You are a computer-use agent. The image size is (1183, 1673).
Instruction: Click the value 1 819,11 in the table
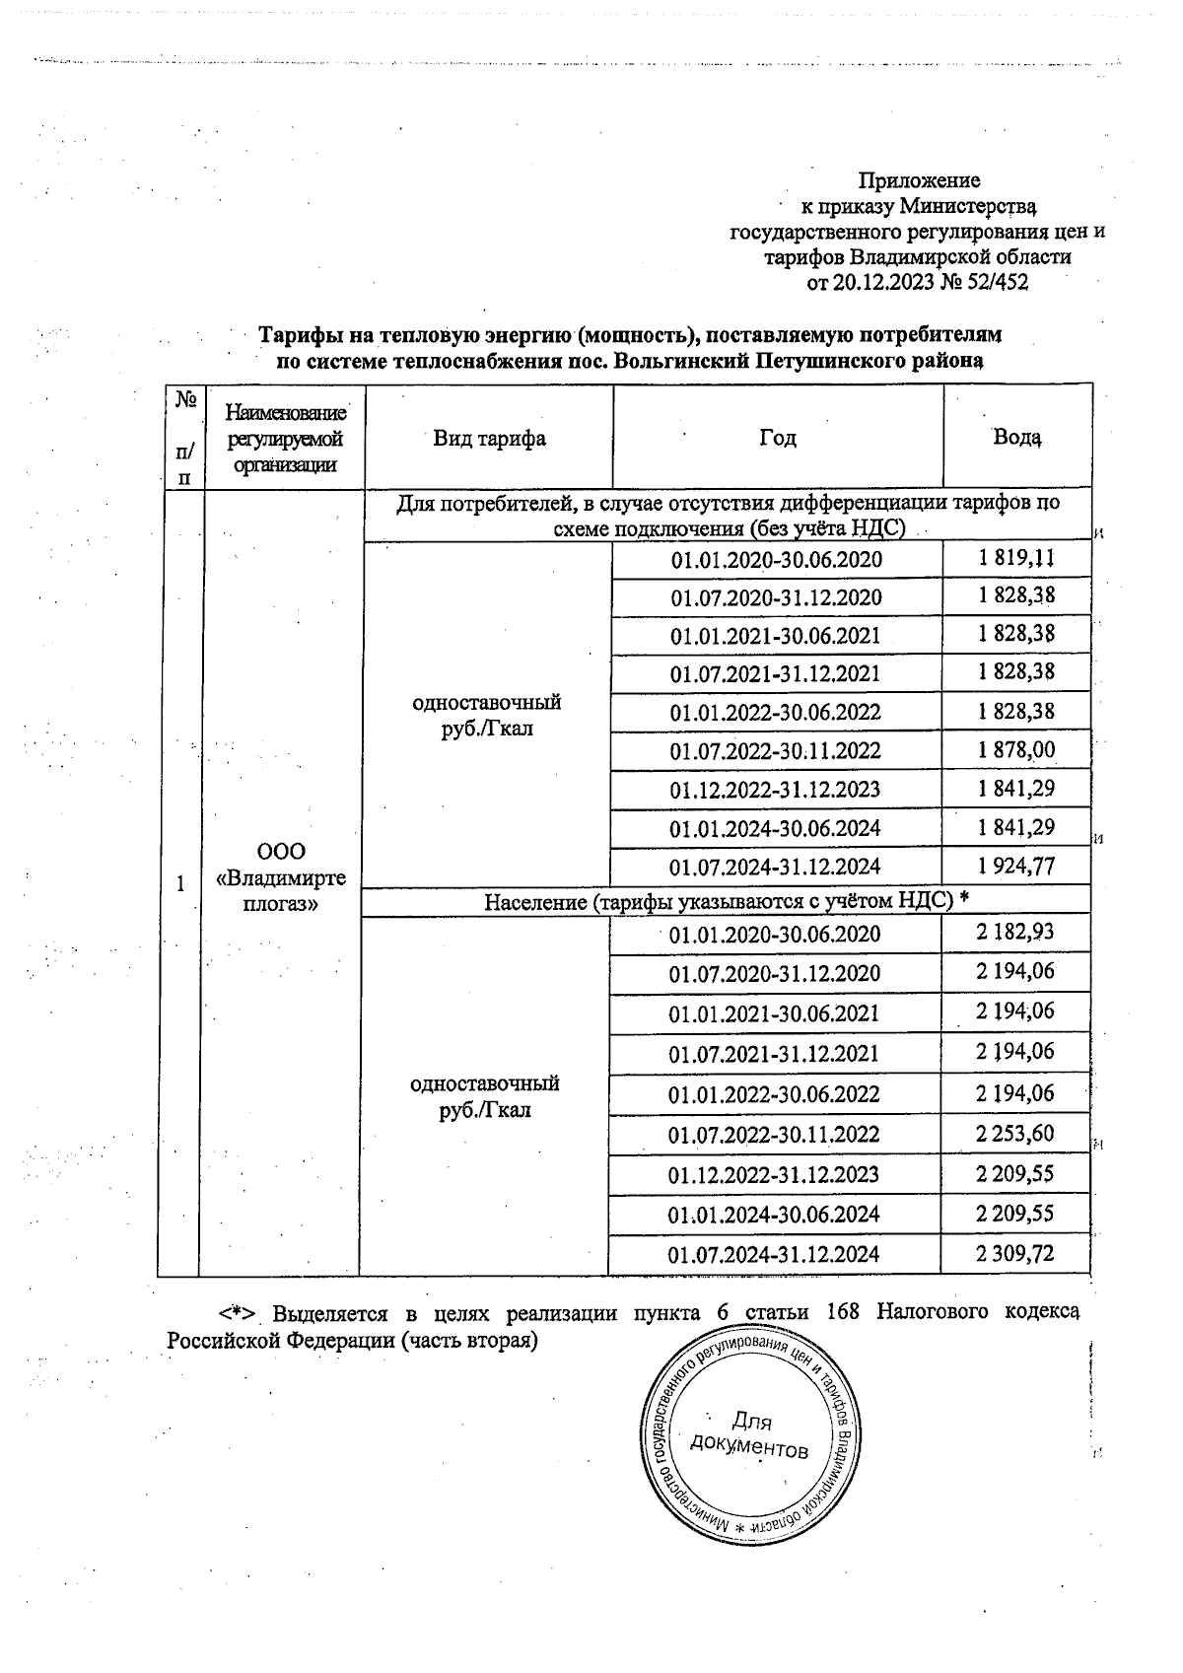tap(1015, 559)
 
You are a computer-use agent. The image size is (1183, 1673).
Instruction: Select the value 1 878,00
tap(1015, 750)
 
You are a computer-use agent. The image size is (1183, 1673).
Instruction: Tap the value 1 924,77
tap(1015, 867)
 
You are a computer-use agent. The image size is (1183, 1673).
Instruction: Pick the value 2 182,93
tap(1015, 933)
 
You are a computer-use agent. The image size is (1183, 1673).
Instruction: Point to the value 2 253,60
tap(1015, 1134)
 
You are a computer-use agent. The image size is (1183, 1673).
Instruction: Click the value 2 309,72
tap(1015, 1254)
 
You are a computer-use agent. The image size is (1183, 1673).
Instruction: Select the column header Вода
tap(1016, 437)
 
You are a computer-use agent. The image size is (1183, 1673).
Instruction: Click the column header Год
tap(777, 438)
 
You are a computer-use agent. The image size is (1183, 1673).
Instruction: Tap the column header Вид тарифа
tap(489, 438)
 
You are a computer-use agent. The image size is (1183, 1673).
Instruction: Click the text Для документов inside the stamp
tap(750, 1435)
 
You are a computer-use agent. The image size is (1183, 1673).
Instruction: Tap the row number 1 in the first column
tap(179, 884)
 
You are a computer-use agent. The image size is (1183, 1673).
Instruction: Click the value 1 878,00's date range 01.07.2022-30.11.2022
tap(775, 751)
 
